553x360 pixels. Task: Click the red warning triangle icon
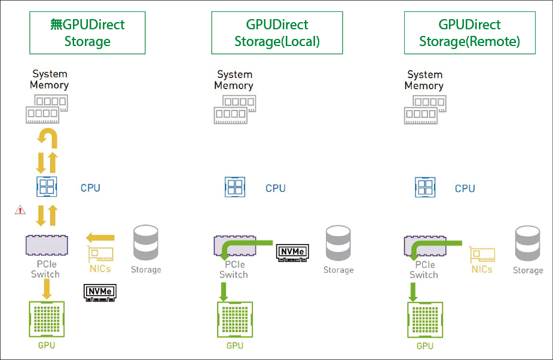pyautogui.click(x=21, y=210)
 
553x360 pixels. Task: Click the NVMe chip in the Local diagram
pyautogui.click(x=292, y=252)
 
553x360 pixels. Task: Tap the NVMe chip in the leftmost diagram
pyautogui.click(x=99, y=291)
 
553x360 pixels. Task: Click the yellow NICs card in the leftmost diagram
pyautogui.click(x=100, y=255)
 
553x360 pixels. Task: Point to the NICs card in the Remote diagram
pyautogui.click(x=482, y=255)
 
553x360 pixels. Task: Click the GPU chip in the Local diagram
pyautogui.click(x=235, y=321)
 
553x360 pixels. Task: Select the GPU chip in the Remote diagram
pyautogui.click(x=424, y=321)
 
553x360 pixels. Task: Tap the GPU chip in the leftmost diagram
pyautogui.click(x=47, y=320)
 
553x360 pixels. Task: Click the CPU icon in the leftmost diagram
pyautogui.click(x=47, y=187)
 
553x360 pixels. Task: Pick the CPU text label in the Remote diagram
pyautogui.click(x=465, y=188)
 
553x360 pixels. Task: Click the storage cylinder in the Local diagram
pyautogui.click(x=338, y=244)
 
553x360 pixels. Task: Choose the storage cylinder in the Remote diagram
pyautogui.click(x=528, y=244)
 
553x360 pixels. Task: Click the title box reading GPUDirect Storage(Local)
pyautogui.click(x=277, y=33)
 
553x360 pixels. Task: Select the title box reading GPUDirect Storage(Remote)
pyautogui.click(x=469, y=33)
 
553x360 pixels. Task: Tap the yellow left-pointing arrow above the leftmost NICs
pyautogui.click(x=100, y=237)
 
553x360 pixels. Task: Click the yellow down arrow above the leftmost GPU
pyautogui.click(x=47, y=289)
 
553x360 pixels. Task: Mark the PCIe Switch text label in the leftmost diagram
pyautogui.click(x=45, y=269)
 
